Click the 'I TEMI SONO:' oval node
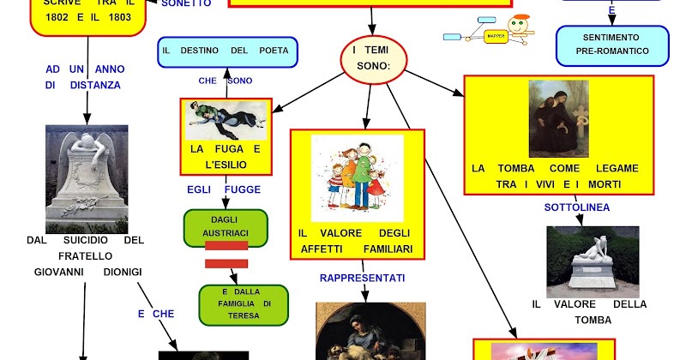click(371, 58)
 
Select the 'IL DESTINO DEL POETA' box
click(227, 51)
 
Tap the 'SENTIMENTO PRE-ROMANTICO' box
click(612, 45)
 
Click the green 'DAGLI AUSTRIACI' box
click(226, 227)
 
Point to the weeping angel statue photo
click(87, 178)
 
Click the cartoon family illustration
click(357, 178)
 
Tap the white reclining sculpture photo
click(593, 261)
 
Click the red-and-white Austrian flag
click(226, 254)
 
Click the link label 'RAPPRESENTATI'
click(362, 278)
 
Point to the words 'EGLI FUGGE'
click(224, 189)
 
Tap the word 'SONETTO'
click(185, 3)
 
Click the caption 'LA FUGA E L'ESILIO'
click(226, 156)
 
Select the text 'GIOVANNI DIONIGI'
click(87, 272)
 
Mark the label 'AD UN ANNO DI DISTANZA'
click(83, 77)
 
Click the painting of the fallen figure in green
click(226, 119)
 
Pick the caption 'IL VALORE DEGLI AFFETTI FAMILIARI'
click(356, 241)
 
